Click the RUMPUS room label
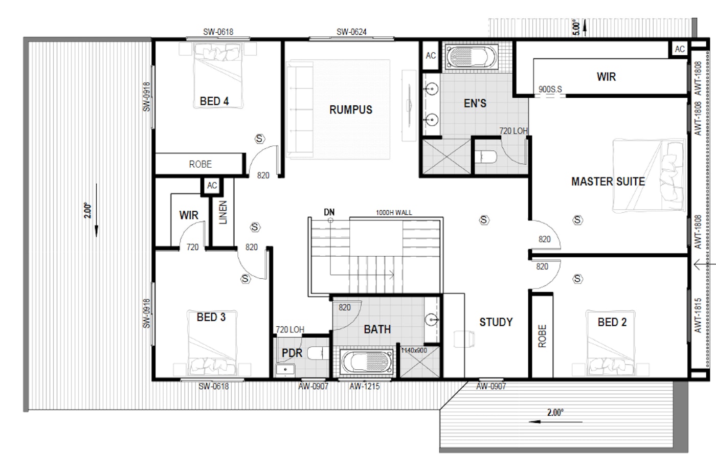pos(351,109)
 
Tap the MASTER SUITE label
pos(608,182)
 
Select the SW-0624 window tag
pos(351,32)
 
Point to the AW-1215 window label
pos(364,386)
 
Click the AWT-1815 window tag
pos(698,315)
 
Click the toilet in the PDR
pos(318,353)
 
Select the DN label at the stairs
pos(329,212)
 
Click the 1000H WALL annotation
pos(394,212)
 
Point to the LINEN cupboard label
pos(223,212)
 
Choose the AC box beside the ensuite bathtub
pos(431,56)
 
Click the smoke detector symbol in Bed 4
pos(260,139)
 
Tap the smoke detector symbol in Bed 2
pos(577,279)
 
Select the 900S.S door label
pos(550,89)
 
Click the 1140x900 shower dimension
pos(414,350)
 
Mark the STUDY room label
pos(496,322)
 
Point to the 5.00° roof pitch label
pos(576,28)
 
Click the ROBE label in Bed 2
pos(542,336)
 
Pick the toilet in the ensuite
pos(486,157)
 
